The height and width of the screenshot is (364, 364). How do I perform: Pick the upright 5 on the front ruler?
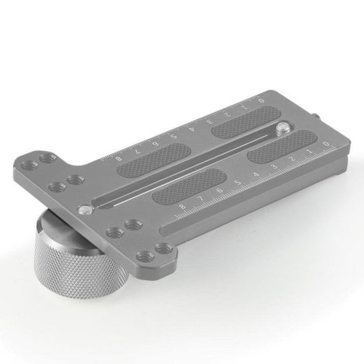point(237,183)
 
